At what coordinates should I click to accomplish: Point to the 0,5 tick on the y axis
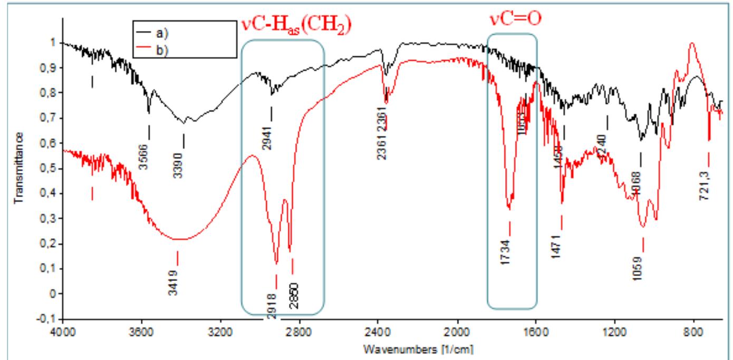pyautogui.click(x=48, y=169)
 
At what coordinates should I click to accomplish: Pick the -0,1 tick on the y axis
pyautogui.click(x=46, y=319)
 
